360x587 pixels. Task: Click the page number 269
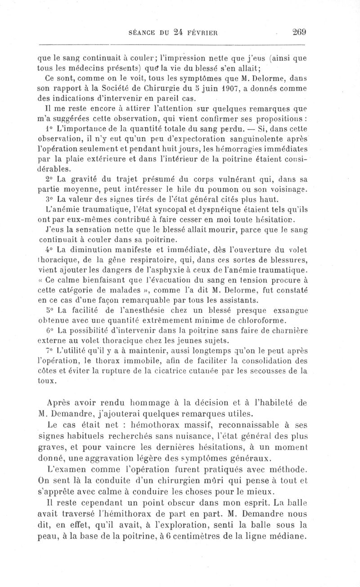(299, 32)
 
